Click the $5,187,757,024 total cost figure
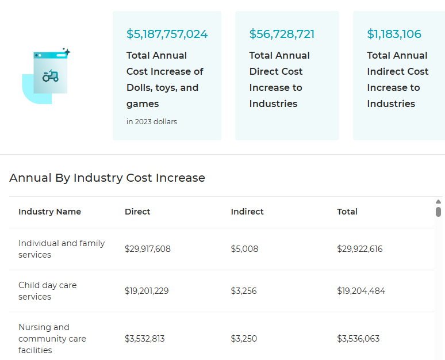[167, 34]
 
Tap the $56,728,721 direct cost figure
[282, 34]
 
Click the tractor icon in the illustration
[51, 75]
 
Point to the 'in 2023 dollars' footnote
[152, 121]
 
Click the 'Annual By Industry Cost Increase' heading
[107, 178]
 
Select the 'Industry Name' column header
[49, 212]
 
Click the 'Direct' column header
[137, 212]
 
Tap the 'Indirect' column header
[247, 212]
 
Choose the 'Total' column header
[347, 212]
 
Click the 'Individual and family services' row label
[62, 249]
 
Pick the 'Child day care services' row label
[47, 291]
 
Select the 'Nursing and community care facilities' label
[52, 338]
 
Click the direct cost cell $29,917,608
[148, 249]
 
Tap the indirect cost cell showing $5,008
[244, 249]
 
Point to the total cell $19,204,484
[361, 291]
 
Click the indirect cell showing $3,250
[244, 339]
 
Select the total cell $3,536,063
[358, 339]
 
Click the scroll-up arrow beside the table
[438, 201]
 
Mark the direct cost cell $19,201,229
[147, 291]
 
